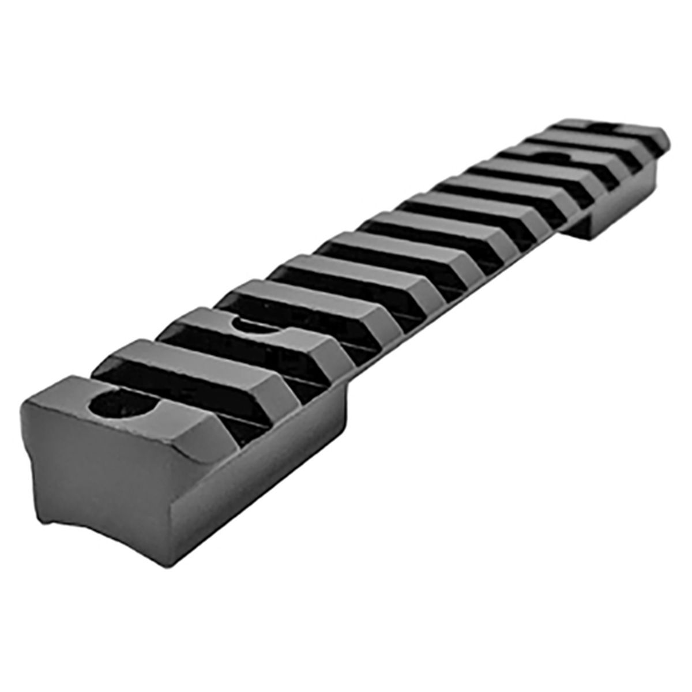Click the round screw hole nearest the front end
(x=122, y=405)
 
